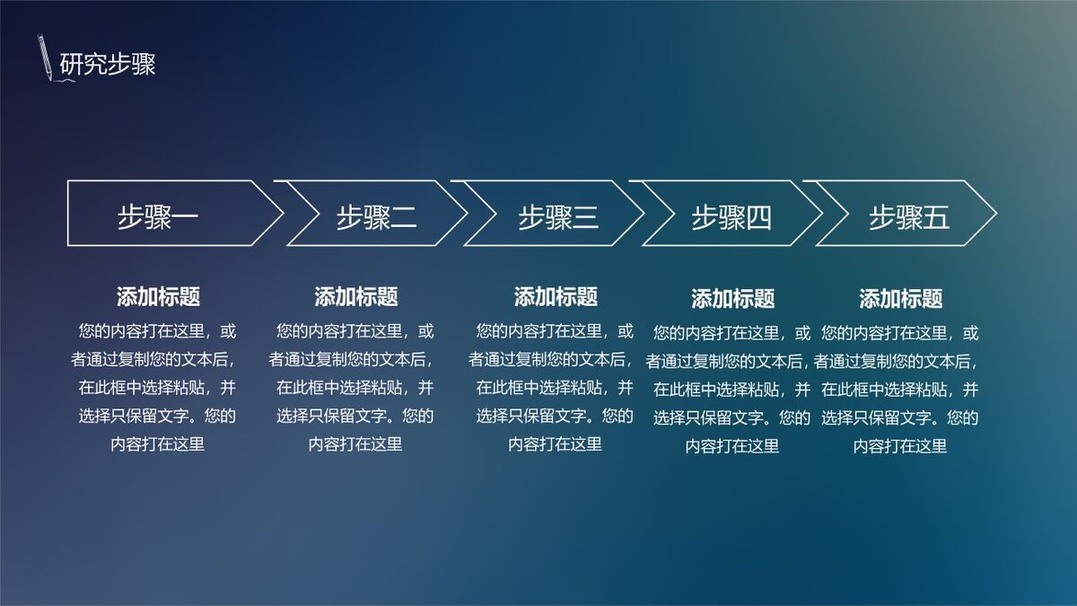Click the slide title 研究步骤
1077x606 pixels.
click(108, 65)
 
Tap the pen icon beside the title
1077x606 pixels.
click(45, 57)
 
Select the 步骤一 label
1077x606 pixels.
click(158, 217)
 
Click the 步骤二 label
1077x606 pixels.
click(377, 217)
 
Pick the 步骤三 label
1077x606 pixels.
click(558, 217)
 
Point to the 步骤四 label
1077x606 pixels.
click(731, 217)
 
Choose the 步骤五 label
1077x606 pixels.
click(908, 217)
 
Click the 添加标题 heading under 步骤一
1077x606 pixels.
click(158, 296)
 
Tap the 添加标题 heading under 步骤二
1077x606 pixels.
click(356, 296)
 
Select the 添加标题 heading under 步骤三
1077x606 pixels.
click(556, 296)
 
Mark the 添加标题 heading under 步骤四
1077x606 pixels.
click(732, 299)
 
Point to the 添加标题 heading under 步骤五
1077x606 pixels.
click(900, 299)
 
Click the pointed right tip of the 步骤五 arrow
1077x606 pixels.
click(994, 214)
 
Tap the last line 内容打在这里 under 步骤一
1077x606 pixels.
click(158, 444)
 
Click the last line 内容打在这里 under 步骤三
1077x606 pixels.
click(556, 444)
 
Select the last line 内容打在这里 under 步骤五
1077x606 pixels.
click(900, 446)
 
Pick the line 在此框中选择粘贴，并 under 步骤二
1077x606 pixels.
click(356, 388)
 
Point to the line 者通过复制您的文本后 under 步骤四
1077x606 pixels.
click(727, 362)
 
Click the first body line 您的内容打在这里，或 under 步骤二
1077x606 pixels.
click(356, 332)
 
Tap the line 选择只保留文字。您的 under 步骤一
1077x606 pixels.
click(158, 416)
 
